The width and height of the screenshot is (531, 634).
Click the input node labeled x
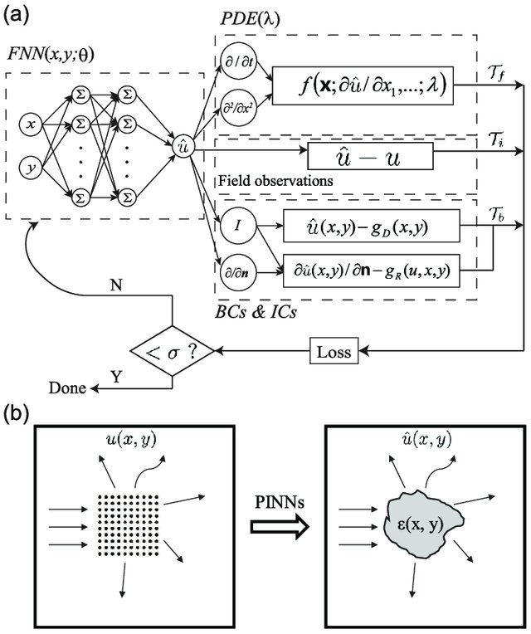(31, 125)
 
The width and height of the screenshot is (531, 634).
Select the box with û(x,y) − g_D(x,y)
(368, 226)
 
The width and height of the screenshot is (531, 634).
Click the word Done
(67, 388)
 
